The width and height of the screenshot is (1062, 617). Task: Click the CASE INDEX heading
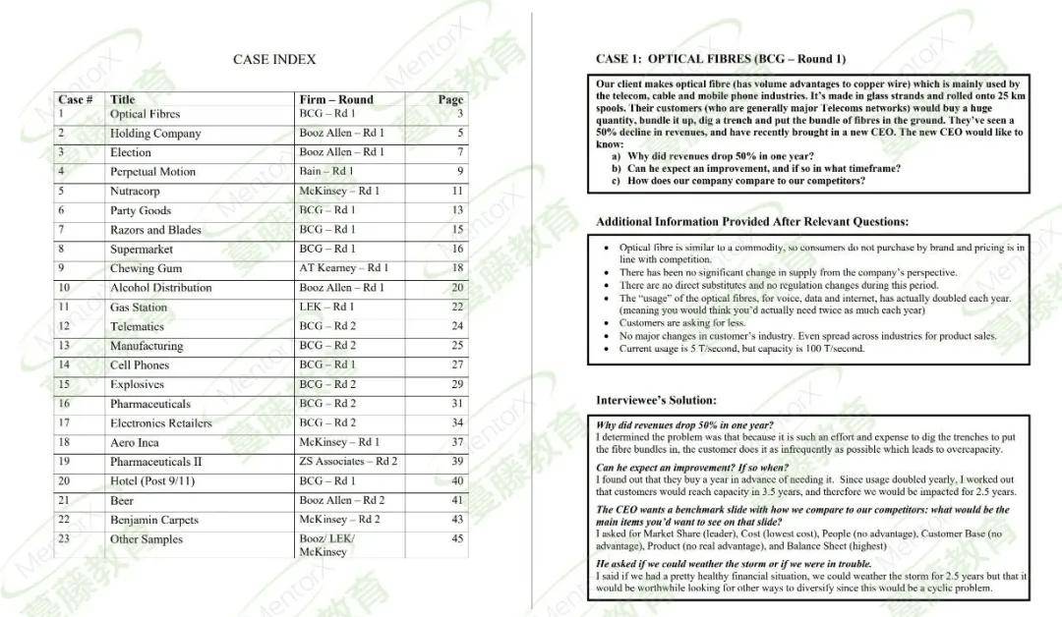(x=274, y=60)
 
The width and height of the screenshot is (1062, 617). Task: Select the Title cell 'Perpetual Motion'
(x=152, y=172)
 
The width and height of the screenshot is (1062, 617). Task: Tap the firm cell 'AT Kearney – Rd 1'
(x=343, y=268)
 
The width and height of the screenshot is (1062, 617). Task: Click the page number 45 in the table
(x=457, y=539)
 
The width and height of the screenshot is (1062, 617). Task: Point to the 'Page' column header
(x=450, y=99)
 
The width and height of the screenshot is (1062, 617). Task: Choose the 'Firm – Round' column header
(x=336, y=99)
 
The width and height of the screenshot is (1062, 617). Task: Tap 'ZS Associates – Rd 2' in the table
(x=348, y=462)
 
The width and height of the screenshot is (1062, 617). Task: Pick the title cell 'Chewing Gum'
(x=146, y=268)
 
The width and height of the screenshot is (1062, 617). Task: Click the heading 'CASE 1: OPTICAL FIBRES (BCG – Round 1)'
(x=720, y=59)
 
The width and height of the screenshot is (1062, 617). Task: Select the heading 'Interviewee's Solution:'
(x=656, y=401)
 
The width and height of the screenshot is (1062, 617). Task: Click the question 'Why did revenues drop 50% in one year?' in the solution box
(x=684, y=425)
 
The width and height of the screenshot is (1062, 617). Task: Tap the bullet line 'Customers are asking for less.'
(x=681, y=323)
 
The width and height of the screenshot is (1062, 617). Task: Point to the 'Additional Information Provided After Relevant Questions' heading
(x=752, y=222)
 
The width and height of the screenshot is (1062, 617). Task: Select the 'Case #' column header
(x=76, y=99)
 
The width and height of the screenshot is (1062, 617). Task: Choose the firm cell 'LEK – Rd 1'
(x=327, y=308)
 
